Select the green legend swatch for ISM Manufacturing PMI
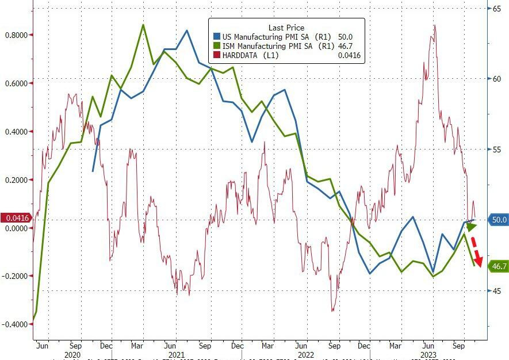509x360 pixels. [x=216, y=45]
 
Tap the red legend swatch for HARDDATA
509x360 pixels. [x=216, y=55]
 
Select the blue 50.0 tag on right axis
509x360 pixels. [x=497, y=220]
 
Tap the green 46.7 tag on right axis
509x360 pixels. [x=497, y=266]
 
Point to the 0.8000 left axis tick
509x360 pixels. [x=16, y=35]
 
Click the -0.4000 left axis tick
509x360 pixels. [x=16, y=324]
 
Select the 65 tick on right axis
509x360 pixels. [x=495, y=8]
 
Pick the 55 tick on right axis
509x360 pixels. [x=495, y=150]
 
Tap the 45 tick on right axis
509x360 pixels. [x=495, y=291]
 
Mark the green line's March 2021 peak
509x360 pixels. [x=143, y=25]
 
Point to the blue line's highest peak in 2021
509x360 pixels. [x=186, y=30]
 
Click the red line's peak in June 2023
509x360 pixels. [x=435, y=25]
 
